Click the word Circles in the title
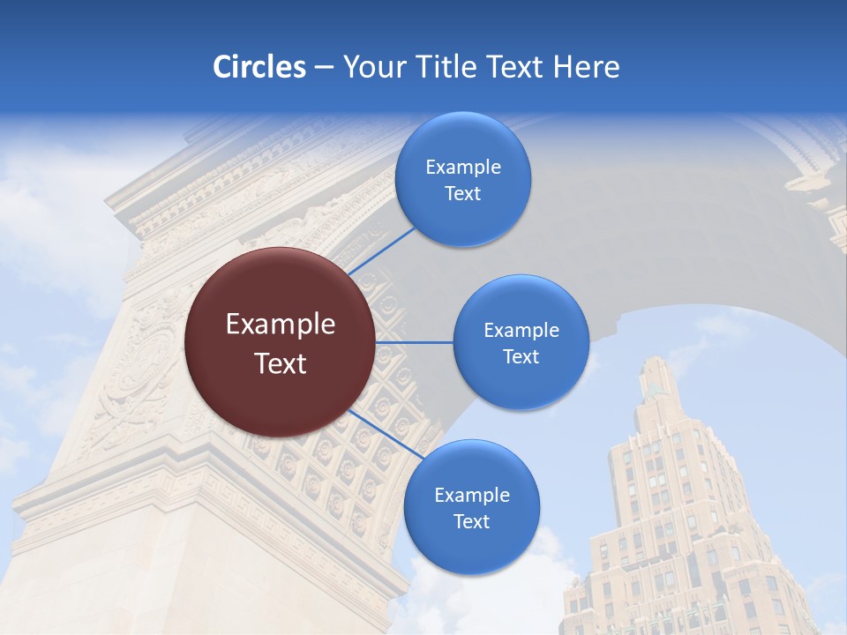[x=259, y=67]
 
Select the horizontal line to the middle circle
[x=415, y=342]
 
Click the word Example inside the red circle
[x=281, y=325]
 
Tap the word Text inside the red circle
[x=281, y=363]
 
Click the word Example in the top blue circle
[x=463, y=167]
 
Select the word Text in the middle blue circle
[x=521, y=356]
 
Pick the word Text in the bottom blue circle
[x=471, y=521]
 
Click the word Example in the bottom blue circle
[x=471, y=495]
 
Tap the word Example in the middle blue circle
[x=521, y=330]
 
